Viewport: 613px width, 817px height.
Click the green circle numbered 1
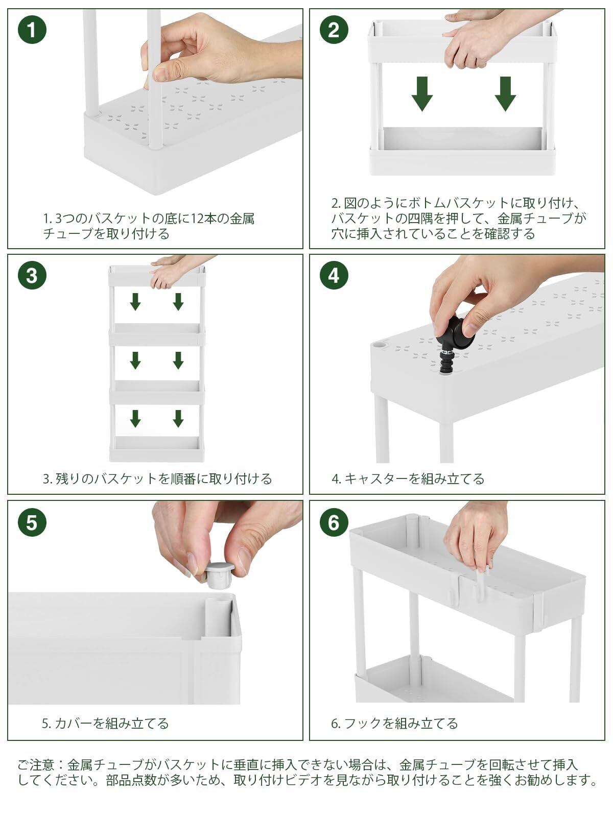pyautogui.click(x=32, y=30)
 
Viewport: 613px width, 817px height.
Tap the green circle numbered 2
pyautogui.click(x=334, y=30)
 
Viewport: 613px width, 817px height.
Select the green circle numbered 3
pyautogui.click(x=32, y=276)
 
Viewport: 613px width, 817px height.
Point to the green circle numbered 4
pyautogui.click(x=334, y=276)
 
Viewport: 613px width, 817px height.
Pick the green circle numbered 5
pyautogui.click(x=32, y=522)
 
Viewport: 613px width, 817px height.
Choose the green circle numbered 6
pyautogui.click(x=334, y=522)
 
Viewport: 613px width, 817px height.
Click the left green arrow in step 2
pyautogui.click(x=422, y=94)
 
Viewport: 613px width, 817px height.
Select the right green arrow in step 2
pyautogui.click(x=505, y=94)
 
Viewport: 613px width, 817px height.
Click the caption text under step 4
pyautogui.click(x=408, y=478)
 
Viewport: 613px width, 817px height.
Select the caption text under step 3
pyautogui.click(x=157, y=478)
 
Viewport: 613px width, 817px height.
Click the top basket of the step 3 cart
pyautogui.click(x=157, y=276)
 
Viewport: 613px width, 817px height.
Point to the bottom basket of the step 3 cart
pyautogui.click(x=157, y=449)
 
